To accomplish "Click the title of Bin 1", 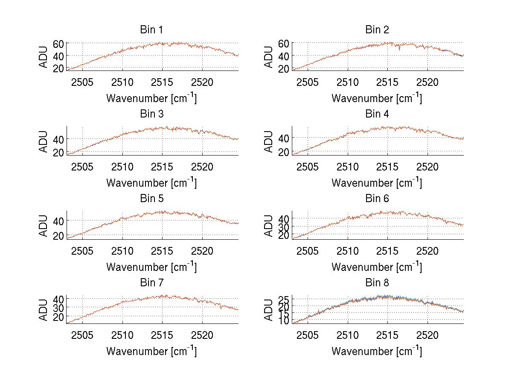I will coord(151,30).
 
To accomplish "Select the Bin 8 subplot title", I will coord(377,283).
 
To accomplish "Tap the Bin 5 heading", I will coord(151,199).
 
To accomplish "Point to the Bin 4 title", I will coord(377,114).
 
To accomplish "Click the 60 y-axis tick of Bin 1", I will coord(58,43).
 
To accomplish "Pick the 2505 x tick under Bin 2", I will coord(308,82).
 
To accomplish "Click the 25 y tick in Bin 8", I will coord(284,299).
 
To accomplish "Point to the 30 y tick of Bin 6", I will coord(284,226).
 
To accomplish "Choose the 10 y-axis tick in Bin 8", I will coord(284,320).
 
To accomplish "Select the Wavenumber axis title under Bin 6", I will coord(377,267).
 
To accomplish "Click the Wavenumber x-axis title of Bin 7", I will coord(151,351).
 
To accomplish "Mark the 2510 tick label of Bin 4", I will coord(348,166).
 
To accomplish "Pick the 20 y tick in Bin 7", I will coord(58,317).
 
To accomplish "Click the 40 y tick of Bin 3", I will coord(58,139).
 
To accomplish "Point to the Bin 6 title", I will coord(377,199).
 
